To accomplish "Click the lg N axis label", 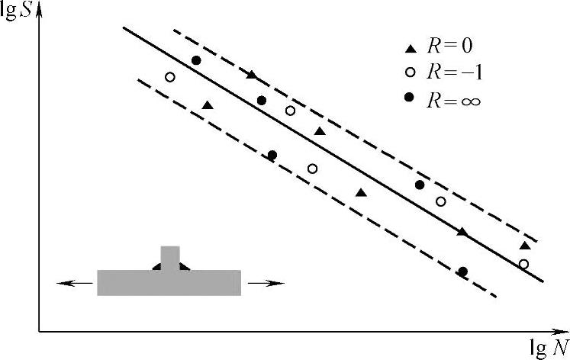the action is click(x=549, y=348).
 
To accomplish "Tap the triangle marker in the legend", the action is click(x=411, y=48).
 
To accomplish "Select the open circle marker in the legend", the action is click(x=410, y=72).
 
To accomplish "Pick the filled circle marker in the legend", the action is click(x=409, y=97).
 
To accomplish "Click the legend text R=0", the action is click(x=450, y=46).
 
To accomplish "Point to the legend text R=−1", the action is click(x=455, y=72).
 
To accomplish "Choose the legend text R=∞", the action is click(x=454, y=100).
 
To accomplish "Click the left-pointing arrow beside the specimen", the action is click(x=75, y=283).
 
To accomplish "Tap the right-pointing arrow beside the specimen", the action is click(x=266, y=283).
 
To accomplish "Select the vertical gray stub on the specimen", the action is click(x=170, y=259).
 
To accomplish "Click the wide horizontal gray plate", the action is click(x=169, y=283).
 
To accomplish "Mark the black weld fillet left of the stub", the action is click(x=156, y=267).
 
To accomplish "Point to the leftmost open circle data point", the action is click(x=169, y=77).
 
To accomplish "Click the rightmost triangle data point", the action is click(x=525, y=246).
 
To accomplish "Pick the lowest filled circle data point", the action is click(x=462, y=272).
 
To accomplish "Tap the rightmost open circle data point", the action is click(x=523, y=264).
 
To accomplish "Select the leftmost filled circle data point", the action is click(x=196, y=60).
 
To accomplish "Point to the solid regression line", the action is click(x=333, y=154).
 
